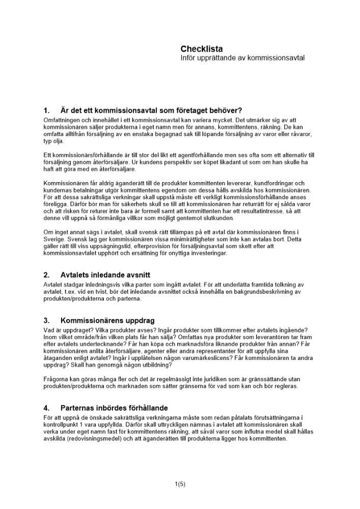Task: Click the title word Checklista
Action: [x=202, y=49]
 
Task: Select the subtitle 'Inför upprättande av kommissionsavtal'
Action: [x=242, y=58]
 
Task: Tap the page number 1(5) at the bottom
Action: [x=180, y=484]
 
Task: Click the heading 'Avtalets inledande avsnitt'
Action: [x=105, y=275]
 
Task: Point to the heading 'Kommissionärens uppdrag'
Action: [x=107, y=321]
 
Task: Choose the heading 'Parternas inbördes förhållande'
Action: [x=114, y=408]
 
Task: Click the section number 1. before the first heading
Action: [x=47, y=110]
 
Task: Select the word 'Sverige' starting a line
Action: [x=53, y=239]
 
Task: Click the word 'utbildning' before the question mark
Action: [x=157, y=365]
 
